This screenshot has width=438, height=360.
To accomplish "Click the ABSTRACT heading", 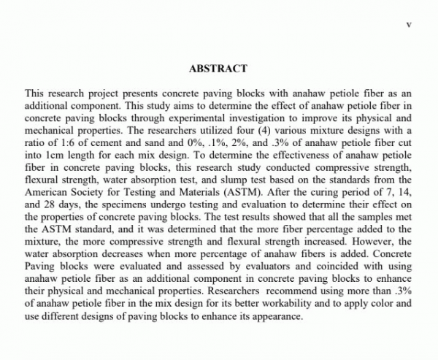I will pyautogui.click(x=218, y=69).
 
